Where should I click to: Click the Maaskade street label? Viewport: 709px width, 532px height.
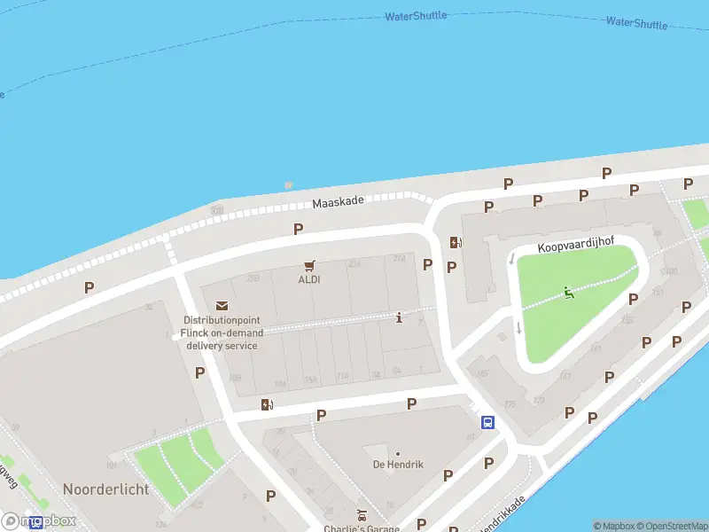click(339, 203)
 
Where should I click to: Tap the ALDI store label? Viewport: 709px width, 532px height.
click(309, 279)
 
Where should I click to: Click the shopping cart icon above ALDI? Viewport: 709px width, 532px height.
click(309, 264)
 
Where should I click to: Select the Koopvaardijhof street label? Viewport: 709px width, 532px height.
click(576, 251)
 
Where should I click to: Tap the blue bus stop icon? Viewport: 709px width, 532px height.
click(487, 422)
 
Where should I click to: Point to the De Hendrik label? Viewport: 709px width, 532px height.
click(398, 465)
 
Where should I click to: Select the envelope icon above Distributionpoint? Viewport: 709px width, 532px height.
click(221, 305)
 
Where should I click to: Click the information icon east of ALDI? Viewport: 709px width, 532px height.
click(400, 317)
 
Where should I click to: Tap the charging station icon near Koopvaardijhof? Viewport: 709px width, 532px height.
click(456, 242)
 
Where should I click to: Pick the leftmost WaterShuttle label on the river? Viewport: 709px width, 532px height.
click(416, 16)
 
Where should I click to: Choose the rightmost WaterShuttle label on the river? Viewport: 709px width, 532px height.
click(636, 23)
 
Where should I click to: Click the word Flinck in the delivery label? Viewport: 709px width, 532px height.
click(194, 332)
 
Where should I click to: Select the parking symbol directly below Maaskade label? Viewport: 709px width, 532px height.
click(299, 229)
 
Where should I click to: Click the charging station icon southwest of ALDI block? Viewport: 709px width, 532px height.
click(267, 404)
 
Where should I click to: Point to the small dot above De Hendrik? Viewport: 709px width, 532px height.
click(398, 453)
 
